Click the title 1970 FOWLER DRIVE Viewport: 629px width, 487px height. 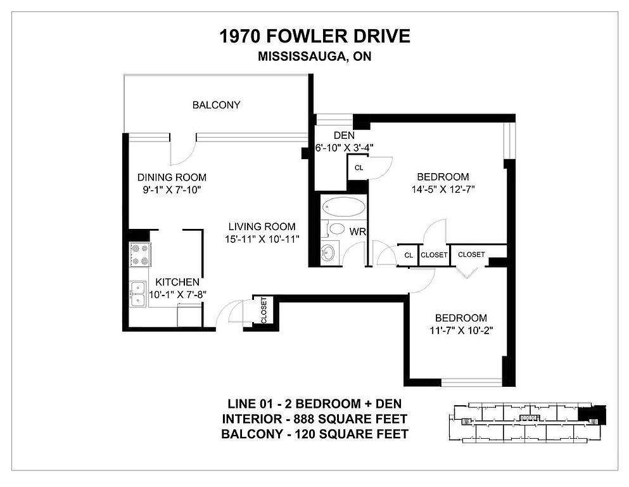click(x=314, y=36)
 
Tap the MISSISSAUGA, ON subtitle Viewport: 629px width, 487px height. click(x=314, y=56)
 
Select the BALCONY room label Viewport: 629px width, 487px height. click(x=216, y=105)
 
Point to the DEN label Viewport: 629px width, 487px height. click(x=344, y=135)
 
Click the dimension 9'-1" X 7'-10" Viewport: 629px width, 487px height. click(x=172, y=190)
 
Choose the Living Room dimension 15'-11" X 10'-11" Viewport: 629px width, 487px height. click(x=262, y=239)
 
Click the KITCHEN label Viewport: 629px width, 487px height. click(x=177, y=282)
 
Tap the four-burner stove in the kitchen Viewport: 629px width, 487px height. click(x=140, y=254)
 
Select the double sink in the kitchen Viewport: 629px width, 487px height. click(x=137, y=294)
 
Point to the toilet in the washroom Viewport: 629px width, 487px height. click(x=335, y=230)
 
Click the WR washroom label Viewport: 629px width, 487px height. click(x=357, y=231)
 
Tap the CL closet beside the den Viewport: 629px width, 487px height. click(x=359, y=168)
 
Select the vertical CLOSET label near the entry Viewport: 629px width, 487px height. click(x=264, y=310)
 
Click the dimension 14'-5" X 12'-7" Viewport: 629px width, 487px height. click(x=443, y=190)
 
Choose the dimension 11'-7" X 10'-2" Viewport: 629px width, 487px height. click(x=461, y=330)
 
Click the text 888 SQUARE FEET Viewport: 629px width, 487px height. click(x=350, y=419)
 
